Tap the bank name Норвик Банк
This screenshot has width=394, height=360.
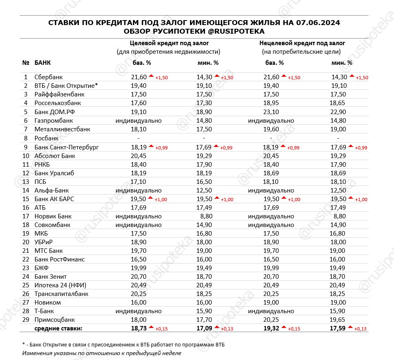(53, 216)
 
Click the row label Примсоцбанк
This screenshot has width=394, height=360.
(55, 320)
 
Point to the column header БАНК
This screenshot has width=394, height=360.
(43, 63)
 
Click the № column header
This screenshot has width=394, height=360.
(26, 63)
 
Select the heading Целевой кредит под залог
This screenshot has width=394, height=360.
(169, 43)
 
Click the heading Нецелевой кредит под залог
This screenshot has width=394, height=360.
(302, 43)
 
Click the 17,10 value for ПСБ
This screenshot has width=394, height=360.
(139, 181)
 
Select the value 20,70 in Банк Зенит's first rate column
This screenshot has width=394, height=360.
(139, 277)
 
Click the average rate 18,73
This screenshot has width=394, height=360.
(139, 328)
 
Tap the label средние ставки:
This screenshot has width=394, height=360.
(58, 328)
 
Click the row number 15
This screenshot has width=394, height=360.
(26, 199)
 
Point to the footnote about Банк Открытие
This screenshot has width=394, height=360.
(124, 344)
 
